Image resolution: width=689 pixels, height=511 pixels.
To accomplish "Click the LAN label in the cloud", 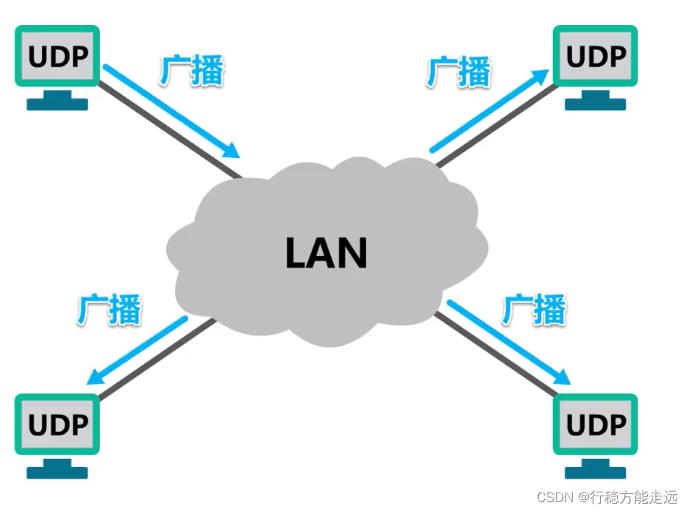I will point(326,252).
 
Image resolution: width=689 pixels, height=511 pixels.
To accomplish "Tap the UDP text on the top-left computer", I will point(57,55).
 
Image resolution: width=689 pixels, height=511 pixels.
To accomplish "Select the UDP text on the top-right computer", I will point(596,56).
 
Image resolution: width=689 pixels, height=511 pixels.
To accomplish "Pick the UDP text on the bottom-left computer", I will point(57,424).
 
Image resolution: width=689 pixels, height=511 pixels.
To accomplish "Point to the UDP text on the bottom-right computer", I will point(596,424).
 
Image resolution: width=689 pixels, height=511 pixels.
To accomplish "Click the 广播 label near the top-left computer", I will point(191,71).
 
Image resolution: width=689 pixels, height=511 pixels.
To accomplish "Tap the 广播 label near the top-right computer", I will point(459,71).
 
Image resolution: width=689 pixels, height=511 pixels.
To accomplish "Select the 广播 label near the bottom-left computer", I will point(109,310).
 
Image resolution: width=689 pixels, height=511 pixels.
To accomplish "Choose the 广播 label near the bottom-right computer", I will point(535,310).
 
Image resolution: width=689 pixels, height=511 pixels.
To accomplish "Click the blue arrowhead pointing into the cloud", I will point(232,151).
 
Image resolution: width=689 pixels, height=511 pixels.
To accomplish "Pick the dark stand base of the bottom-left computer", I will point(57,472).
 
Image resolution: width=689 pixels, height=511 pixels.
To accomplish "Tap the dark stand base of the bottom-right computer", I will point(596,472).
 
